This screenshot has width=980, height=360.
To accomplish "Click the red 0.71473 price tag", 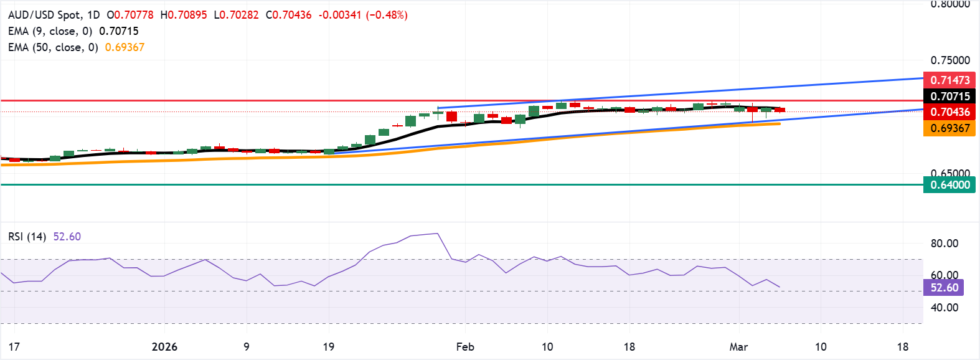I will click(x=949, y=80).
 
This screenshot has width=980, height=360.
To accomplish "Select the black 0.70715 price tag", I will click(x=949, y=96).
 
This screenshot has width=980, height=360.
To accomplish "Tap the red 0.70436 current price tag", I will click(x=949, y=112).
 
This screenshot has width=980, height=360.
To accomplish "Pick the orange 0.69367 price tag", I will click(x=949, y=128).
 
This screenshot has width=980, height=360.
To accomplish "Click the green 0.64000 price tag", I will click(x=949, y=185).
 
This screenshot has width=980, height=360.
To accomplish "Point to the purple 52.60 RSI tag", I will click(x=944, y=288).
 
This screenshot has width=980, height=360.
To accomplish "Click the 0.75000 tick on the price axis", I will click(x=950, y=60).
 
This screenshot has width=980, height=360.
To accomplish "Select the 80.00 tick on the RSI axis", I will click(x=944, y=244).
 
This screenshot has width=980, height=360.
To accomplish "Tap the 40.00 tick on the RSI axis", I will click(x=944, y=307).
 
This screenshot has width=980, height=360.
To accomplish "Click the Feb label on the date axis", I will click(x=465, y=347).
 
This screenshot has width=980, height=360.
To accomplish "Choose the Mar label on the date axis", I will click(x=738, y=347).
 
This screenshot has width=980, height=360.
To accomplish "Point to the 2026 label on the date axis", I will click(x=164, y=347).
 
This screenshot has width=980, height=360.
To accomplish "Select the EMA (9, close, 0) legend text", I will click(x=50, y=31).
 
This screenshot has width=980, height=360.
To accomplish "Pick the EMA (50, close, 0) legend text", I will click(x=53, y=47).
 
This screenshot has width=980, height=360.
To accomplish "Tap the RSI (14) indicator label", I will click(x=27, y=237).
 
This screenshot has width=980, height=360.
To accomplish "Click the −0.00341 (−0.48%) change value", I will click(x=363, y=15).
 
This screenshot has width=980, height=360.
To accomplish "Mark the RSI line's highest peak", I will click(x=438, y=234).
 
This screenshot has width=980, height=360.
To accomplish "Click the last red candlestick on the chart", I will click(x=780, y=110).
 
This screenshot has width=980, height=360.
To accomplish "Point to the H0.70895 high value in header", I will click(x=184, y=15).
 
